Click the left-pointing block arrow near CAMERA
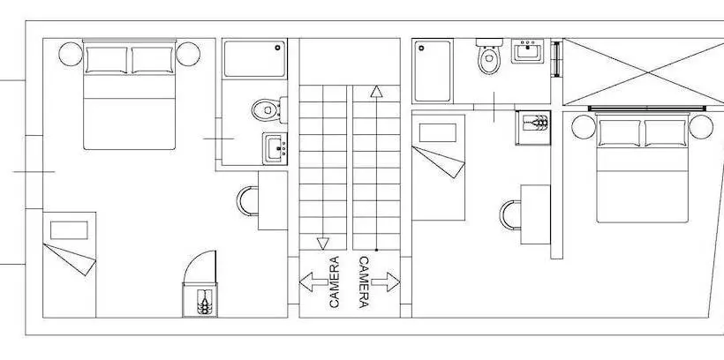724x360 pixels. pos(313,281)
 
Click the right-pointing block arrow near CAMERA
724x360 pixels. pos(386,281)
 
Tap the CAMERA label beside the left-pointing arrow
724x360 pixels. pos(334,282)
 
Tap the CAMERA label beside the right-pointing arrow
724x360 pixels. pos(364,282)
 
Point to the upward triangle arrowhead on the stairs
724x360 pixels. pos(376,92)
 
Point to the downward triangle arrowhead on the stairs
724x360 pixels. pos(323,244)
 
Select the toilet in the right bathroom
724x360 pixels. pos(489,56)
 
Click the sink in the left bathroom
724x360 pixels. pos(275,148)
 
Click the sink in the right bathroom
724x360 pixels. pos(527,50)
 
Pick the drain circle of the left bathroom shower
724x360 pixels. pos(278,47)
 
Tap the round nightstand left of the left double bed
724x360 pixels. pos(71,54)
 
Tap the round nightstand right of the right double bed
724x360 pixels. pos(701,127)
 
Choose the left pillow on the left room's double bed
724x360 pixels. pos(106,60)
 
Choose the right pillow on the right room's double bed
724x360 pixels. pos(666,133)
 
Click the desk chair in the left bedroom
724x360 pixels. pos(246,201)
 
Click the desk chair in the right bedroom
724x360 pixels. pos(509,214)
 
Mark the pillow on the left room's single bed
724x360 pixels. pos(69,230)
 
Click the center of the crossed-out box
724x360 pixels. pos(648,72)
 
